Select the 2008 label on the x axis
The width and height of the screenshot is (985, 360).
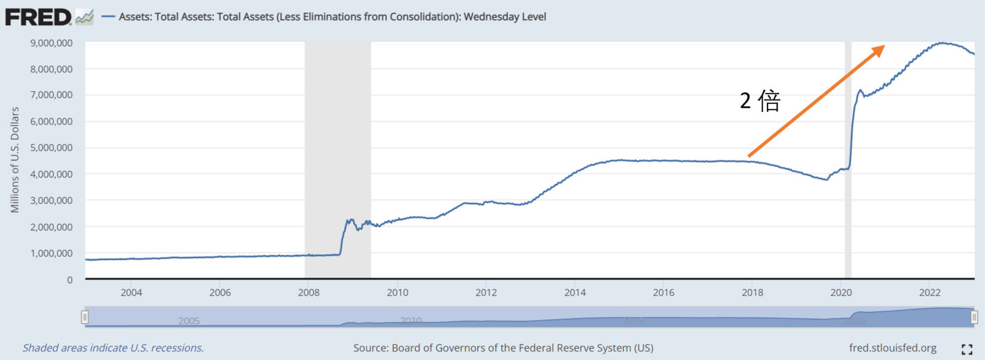308,292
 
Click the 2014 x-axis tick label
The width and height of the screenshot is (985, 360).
574,292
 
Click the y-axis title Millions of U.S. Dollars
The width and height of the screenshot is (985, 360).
15,159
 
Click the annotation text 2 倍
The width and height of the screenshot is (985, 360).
760,101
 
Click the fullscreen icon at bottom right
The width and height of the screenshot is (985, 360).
967,349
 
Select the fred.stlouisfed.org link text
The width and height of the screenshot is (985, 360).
893,348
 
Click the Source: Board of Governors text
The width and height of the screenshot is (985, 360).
503,348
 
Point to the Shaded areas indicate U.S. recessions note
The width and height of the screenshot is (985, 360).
113,348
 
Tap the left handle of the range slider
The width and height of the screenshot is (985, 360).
85,318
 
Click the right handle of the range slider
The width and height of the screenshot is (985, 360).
974,318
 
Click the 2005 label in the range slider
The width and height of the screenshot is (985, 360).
189,321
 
